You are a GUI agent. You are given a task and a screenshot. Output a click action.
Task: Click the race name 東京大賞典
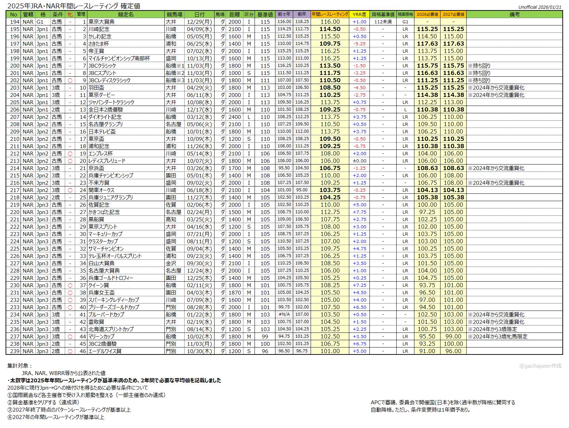click(x=101, y=22)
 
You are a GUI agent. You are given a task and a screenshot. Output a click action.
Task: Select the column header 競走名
click(x=125, y=14)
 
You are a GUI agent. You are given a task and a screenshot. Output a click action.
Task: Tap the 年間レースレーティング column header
click(x=329, y=14)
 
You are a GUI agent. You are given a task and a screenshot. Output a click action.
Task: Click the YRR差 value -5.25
click(x=359, y=44)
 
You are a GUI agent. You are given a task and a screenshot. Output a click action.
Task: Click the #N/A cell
click(x=284, y=314)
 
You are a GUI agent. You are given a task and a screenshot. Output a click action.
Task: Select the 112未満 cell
click(x=383, y=22)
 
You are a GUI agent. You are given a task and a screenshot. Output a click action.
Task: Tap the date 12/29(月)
click(x=199, y=22)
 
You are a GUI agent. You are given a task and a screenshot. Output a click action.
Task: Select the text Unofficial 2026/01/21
click(x=540, y=7)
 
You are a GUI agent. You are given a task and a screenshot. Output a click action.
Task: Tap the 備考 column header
click(x=514, y=14)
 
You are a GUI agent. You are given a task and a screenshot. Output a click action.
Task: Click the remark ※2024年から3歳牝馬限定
click(x=498, y=336)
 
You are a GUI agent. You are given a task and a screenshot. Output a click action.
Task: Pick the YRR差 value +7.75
click(x=359, y=212)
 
